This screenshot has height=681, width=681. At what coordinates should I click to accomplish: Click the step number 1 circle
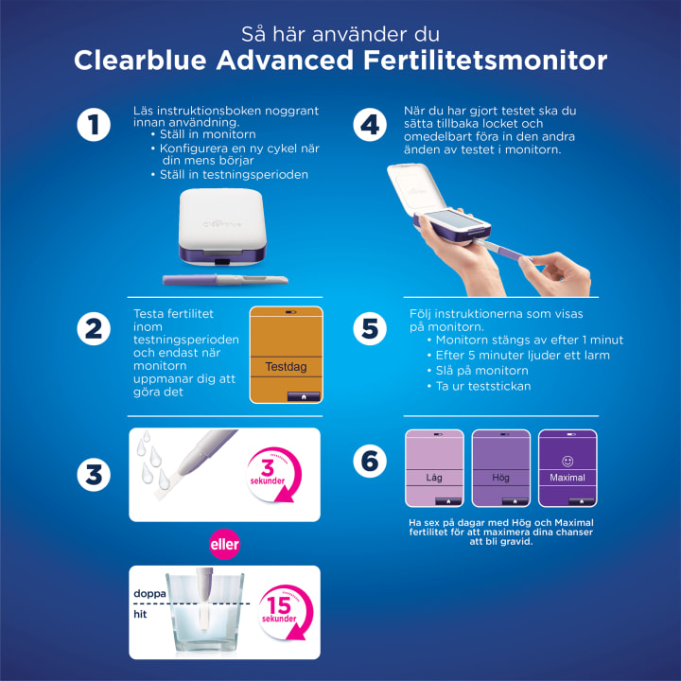[x=94, y=125]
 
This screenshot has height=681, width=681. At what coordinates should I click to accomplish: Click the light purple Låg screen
[x=434, y=468]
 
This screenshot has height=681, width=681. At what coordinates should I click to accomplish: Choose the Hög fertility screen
[x=500, y=468]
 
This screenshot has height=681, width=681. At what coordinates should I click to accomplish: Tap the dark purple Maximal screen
[x=567, y=468]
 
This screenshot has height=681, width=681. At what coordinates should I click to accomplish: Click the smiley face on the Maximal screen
[x=567, y=462]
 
